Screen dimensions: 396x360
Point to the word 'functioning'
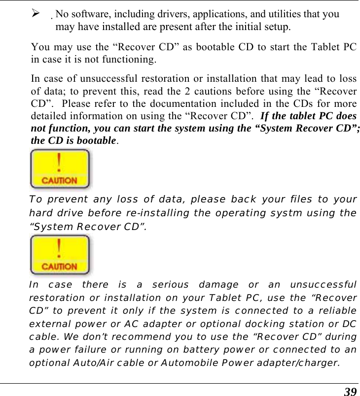[x=130, y=60]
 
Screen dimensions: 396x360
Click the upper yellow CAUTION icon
[x=60, y=169]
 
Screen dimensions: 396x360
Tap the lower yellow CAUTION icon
[x=60, y=255]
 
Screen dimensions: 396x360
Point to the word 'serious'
[x=170, y=284]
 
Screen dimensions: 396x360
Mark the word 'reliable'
[x=337, y=311]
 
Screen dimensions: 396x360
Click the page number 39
[x=350, y=392]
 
